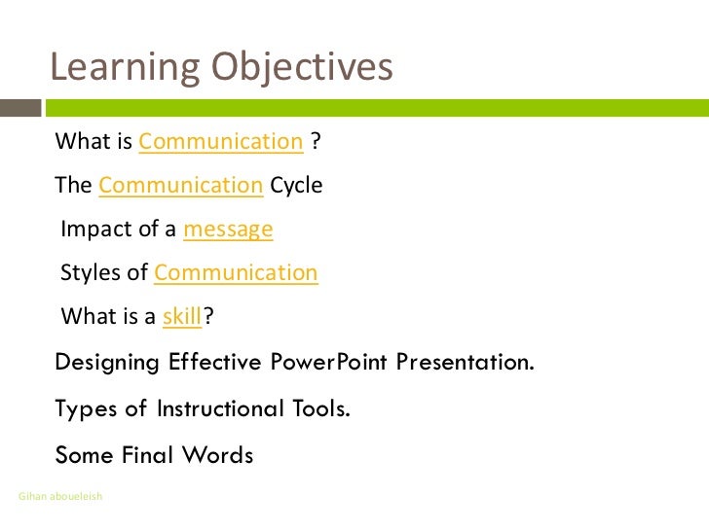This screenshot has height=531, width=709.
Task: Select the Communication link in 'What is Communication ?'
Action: pyautogui.click(x=221, y=142)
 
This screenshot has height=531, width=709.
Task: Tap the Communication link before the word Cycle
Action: pyautogui.click(x=181, y=185)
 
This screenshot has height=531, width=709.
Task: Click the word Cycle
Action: pyautogui.click(x=296, y=185)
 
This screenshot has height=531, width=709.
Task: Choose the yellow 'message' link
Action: pyautogui.click(x=228, y=230)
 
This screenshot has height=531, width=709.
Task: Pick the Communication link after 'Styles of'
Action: pyautogui.click(x=236, y=272)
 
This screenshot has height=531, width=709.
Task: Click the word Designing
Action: pyautogui.click(x=108, y=364)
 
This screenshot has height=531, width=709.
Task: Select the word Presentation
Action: pyautogui.click(x=466, y=364)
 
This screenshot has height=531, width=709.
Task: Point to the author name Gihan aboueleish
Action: pyautogui.click(x=60, y=497)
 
